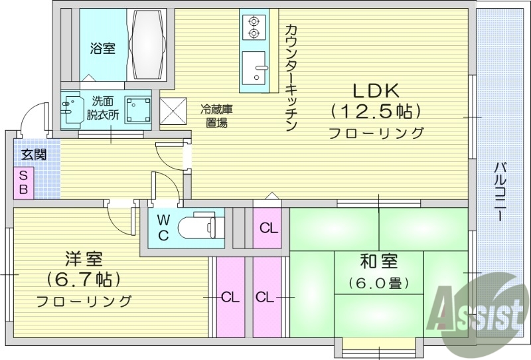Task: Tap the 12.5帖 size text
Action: [376, 110]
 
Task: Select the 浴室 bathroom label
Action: [102, 48]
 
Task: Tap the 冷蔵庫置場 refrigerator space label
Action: [214, 116]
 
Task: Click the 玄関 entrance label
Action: [33, 155]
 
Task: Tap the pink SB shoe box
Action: [23, 181]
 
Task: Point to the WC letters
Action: [164, 226]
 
